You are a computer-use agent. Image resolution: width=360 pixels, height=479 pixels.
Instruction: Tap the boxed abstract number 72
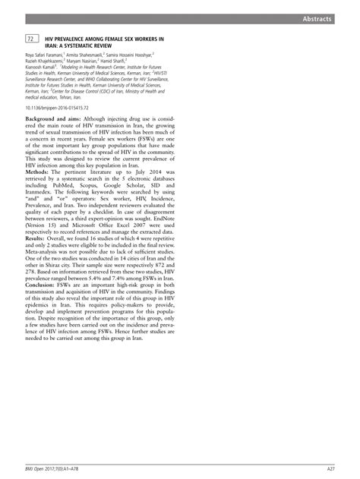pos(30,38)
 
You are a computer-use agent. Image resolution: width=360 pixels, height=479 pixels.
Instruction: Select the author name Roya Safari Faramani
pos(45,55)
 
